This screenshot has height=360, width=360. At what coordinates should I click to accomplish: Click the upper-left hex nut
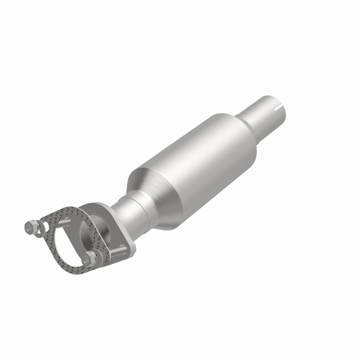[x=31, y=228]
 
